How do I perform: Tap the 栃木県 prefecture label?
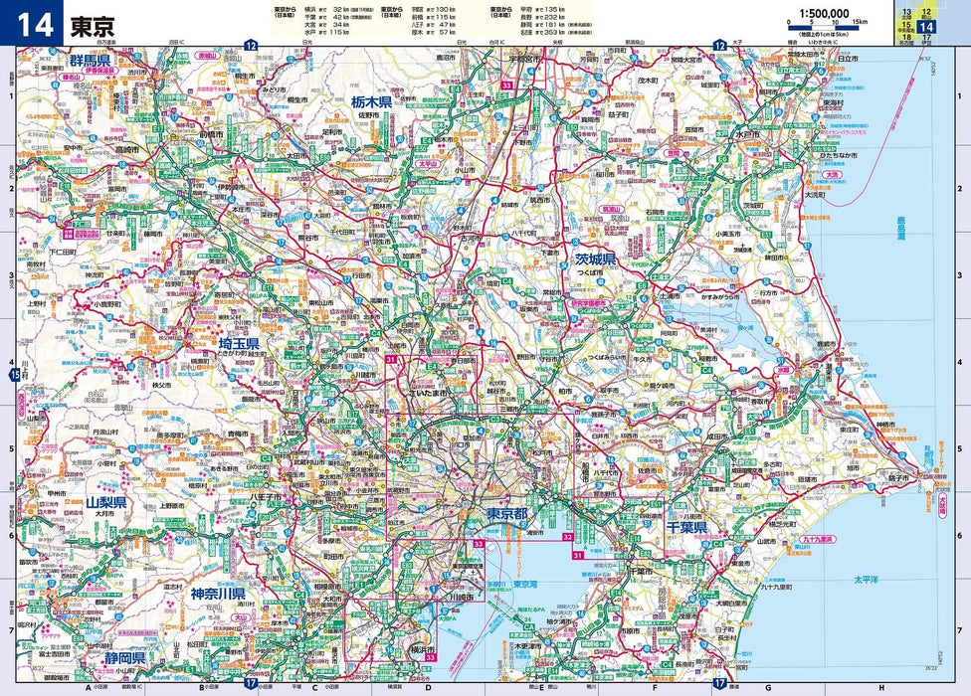378,101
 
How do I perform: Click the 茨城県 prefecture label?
596,260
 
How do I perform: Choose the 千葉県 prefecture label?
686,528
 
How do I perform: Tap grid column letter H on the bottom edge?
880,687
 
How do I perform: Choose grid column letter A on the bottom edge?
88,687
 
